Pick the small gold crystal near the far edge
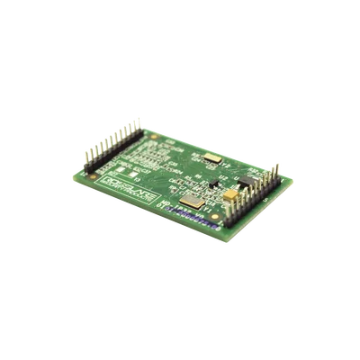(x=212, y=158)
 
